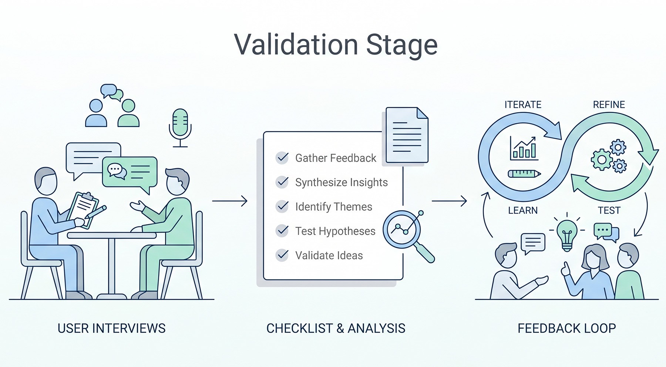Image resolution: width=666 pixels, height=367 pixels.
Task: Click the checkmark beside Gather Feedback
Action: tap(282, 158)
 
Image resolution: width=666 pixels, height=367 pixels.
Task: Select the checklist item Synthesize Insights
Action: tap(341, 182)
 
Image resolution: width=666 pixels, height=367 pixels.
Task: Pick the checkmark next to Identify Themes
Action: tap(282, 206)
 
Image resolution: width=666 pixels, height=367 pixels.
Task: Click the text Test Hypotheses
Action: tap(335, 231)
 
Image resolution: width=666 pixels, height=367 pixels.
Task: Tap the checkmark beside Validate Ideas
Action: tap(282, 255)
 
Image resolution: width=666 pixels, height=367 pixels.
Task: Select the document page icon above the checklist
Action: tap(407, 135)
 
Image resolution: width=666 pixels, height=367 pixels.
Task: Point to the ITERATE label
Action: tap(523, 105)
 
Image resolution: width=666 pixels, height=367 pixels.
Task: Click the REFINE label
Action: tap(609, 105)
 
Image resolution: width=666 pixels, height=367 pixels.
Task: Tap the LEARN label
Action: tap(522, 211)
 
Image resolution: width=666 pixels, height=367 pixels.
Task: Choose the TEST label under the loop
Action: tap(609, 211)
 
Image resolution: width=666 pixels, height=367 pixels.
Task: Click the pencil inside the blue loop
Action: tap(524, 174)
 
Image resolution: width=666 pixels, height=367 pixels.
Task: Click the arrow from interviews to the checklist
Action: tap(229, 201)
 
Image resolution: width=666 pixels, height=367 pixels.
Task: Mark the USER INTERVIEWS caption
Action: tap(111, 328)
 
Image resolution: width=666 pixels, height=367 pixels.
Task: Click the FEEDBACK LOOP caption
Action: tap(566, 328)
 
